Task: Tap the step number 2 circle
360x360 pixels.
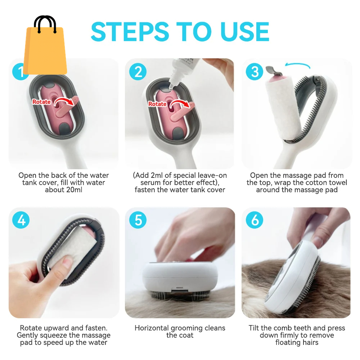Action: [138, 72]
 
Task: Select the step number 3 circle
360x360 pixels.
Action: [255, 72]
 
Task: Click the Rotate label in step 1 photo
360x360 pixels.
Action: [42, 102]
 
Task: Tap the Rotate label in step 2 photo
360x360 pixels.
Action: [157, 104]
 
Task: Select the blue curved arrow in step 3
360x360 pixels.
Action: [298, 65]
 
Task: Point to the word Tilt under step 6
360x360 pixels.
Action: [255, 328]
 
